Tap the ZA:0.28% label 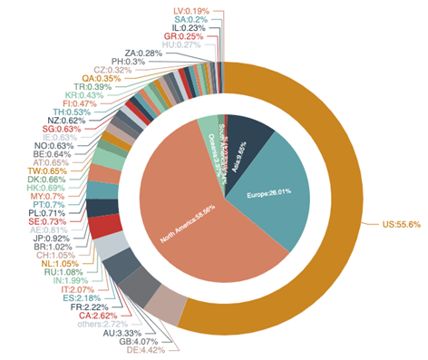tap(143, 53)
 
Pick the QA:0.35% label tap(101, 78)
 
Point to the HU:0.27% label tap(180, 44)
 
